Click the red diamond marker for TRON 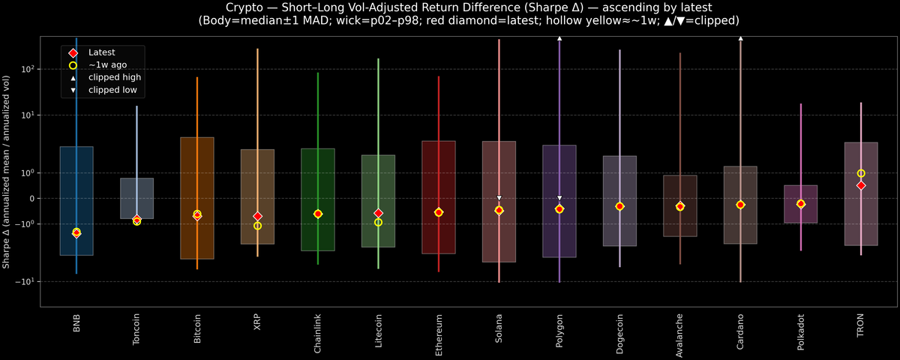click(861, 185)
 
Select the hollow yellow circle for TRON click(861, 173)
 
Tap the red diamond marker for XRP click(257, 217)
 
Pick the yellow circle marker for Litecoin click(378, 222)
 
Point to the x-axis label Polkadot click(801, 331)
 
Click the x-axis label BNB click(76, 323)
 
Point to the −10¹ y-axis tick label click(26, 282)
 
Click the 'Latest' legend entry click(100, 52)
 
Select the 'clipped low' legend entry click(112, 90)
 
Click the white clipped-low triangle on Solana click(499, 198)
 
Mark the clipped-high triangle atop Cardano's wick click(740, 37)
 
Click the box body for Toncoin click(136, 198)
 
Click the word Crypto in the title click(226, 7)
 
